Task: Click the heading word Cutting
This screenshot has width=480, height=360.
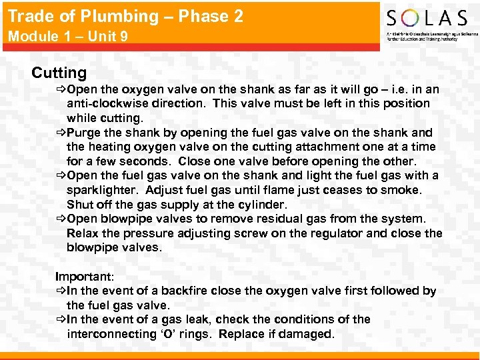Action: [59, 73]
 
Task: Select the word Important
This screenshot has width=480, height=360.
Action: [84, 276]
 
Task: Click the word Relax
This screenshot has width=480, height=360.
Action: [83, 233]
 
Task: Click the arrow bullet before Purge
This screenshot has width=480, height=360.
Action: [61, 132]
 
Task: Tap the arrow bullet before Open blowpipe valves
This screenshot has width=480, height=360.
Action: [61, 219]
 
